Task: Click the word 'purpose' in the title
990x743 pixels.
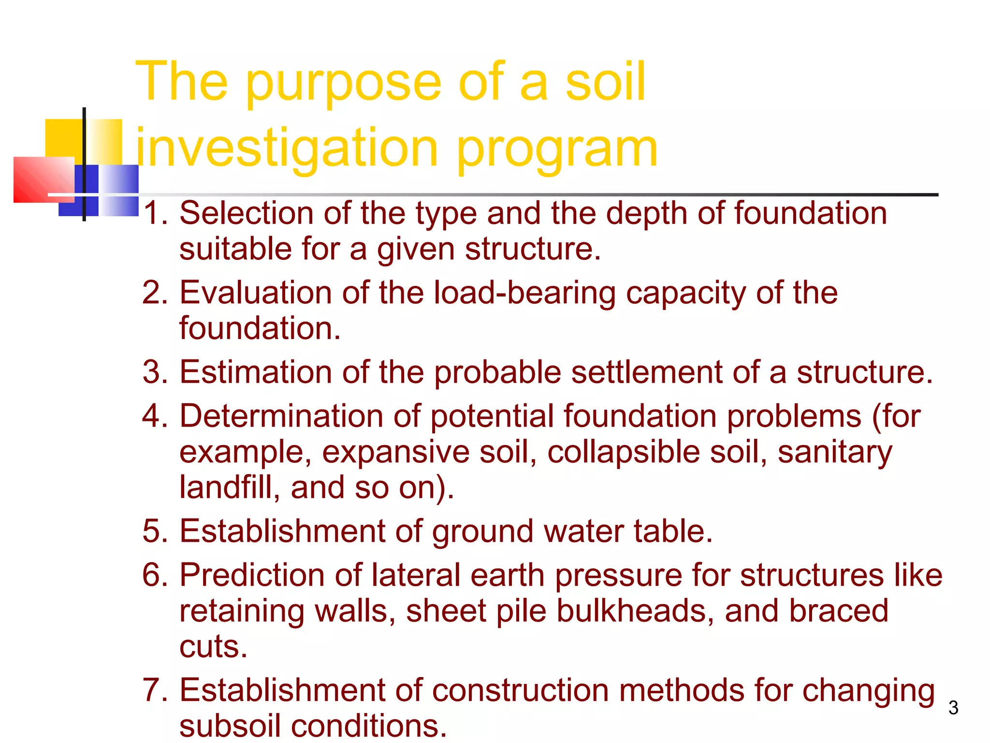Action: [x=344, y=83]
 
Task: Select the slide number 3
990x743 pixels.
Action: [x=953, y=708]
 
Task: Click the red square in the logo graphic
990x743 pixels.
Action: [x=44, y=179]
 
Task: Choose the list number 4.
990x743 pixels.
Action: [x=154, y=416]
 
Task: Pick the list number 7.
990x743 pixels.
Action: [x=154, y=690]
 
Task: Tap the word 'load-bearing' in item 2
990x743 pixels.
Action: [x=524, y=293]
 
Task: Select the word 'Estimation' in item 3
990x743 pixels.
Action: [x=256, y=372]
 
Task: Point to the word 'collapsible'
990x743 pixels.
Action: [x=624, y=452]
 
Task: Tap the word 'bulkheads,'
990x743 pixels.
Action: [x=635, y=610]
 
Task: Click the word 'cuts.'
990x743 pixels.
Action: [x=213, y=646]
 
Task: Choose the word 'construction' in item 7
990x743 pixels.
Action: [x=520, y=690]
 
